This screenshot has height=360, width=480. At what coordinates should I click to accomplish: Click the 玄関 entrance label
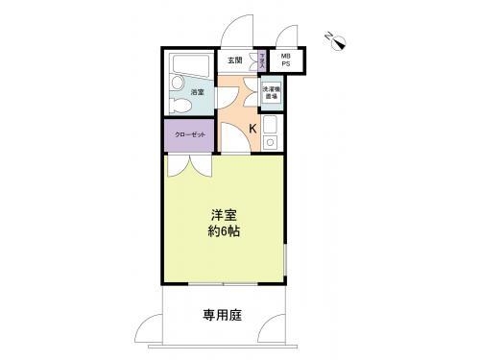[234, 60]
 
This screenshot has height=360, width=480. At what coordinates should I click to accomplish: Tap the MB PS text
[285, 60]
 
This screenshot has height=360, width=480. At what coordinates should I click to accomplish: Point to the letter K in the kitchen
[253, 128]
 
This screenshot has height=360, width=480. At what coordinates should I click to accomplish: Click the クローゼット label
[188, 135]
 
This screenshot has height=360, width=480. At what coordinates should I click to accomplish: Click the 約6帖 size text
[225, 232]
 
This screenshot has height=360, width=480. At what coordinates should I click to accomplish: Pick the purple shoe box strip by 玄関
[262, 60]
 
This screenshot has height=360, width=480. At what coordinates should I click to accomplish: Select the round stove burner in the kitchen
[270, 143]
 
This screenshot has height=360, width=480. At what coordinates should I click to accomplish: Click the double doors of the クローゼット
[188, 164]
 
